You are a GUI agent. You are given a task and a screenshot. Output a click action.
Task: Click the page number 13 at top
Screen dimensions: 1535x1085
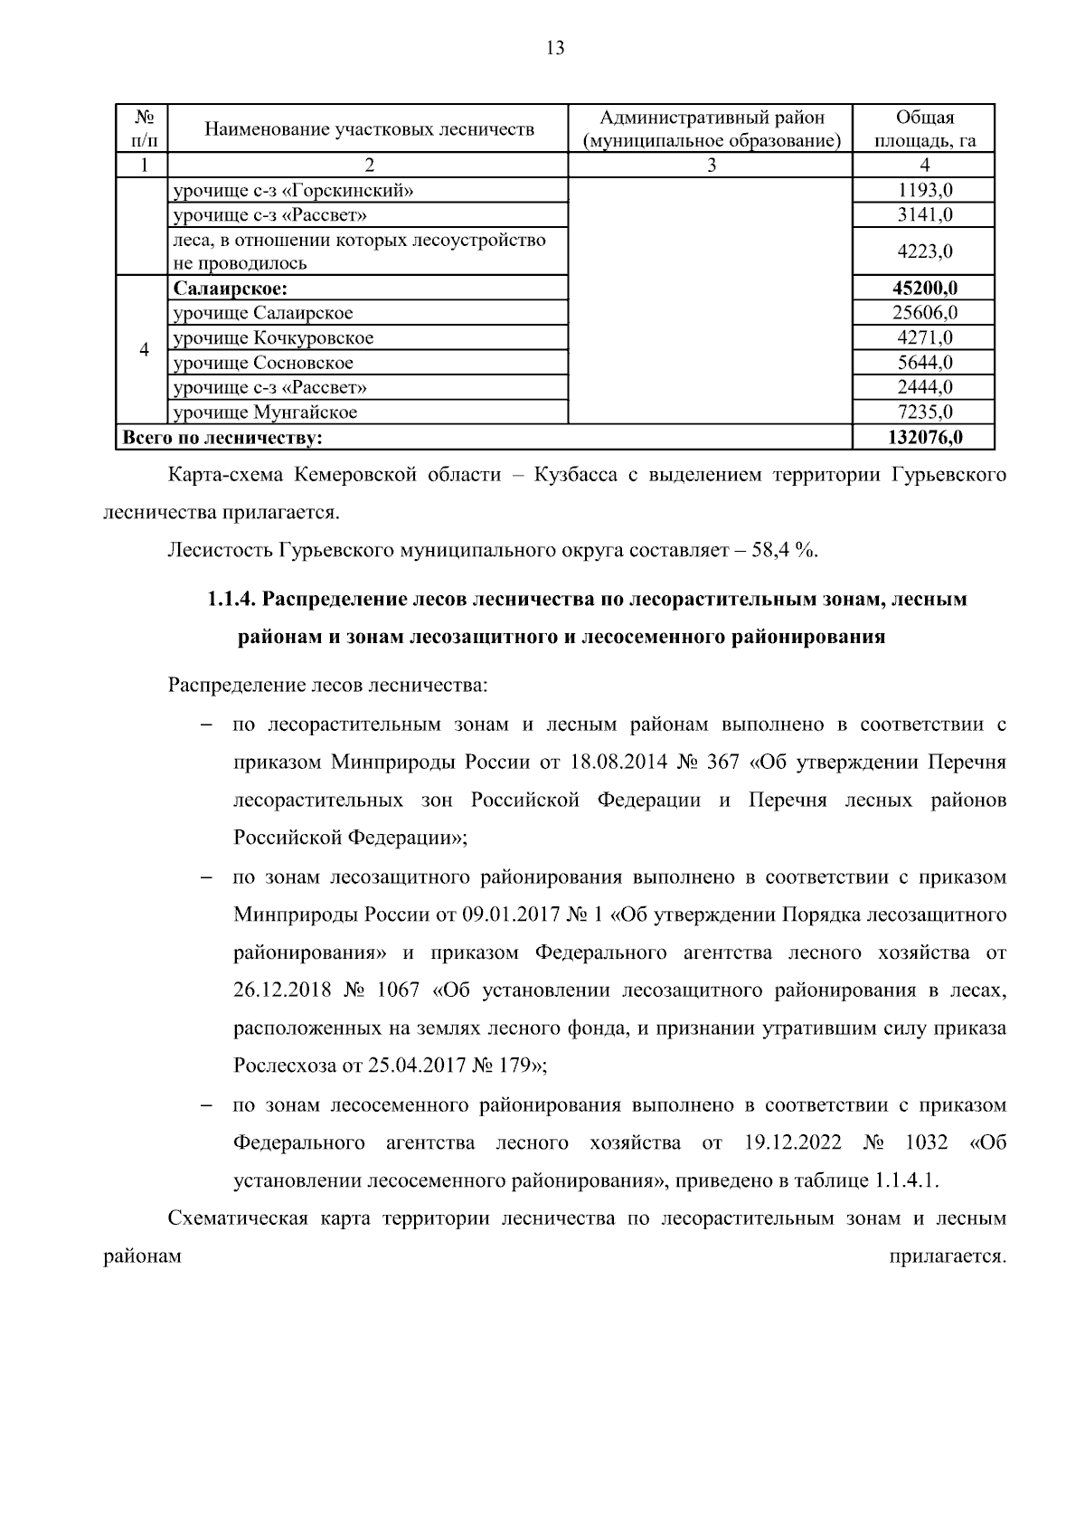pos(555,49)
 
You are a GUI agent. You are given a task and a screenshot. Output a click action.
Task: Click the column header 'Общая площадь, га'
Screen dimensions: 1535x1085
pos(924,129)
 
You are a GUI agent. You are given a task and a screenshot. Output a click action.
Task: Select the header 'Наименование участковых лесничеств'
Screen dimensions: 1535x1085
pos(369,129)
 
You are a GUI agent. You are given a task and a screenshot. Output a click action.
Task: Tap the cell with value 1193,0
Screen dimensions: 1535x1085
pos(925,190)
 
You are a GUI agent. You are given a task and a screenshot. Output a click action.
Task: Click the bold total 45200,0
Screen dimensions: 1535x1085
pos(925,289)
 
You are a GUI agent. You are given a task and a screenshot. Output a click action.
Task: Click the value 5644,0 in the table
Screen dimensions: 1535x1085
pos(925,363)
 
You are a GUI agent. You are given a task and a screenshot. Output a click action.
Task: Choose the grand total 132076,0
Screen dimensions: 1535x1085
pos(925,438)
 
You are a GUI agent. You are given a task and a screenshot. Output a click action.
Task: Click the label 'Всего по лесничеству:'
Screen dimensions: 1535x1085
pos(223,438)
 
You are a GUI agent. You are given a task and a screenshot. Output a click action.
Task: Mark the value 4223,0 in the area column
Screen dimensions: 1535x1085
pos(925,251)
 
